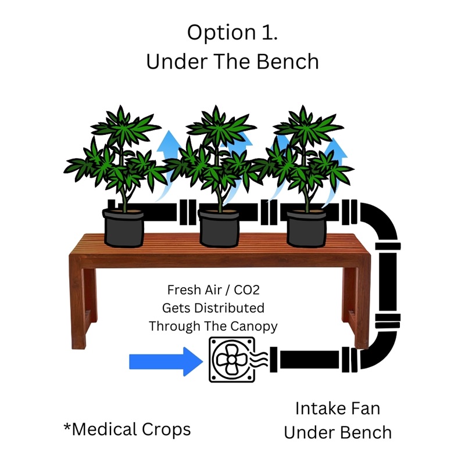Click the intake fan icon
[x=232, y=359]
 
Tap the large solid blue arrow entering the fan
[x=166, y=362]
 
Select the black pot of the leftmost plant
[x=123, y=228]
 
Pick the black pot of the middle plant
[x=219, y=228]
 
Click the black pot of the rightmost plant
[x=307, y=228]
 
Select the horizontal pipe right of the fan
[x=309, y=359]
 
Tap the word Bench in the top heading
[x=287, y=62]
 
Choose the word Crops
[x=166, y=430]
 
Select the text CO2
[x=246, y=290]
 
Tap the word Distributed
[x=229, y=308]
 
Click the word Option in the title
[x=221, y=33]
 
